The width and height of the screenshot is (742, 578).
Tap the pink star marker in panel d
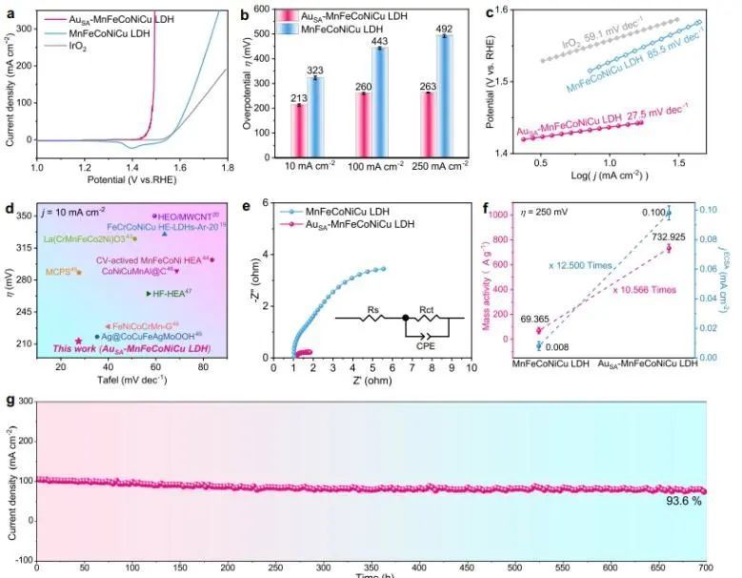coord(78,341)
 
